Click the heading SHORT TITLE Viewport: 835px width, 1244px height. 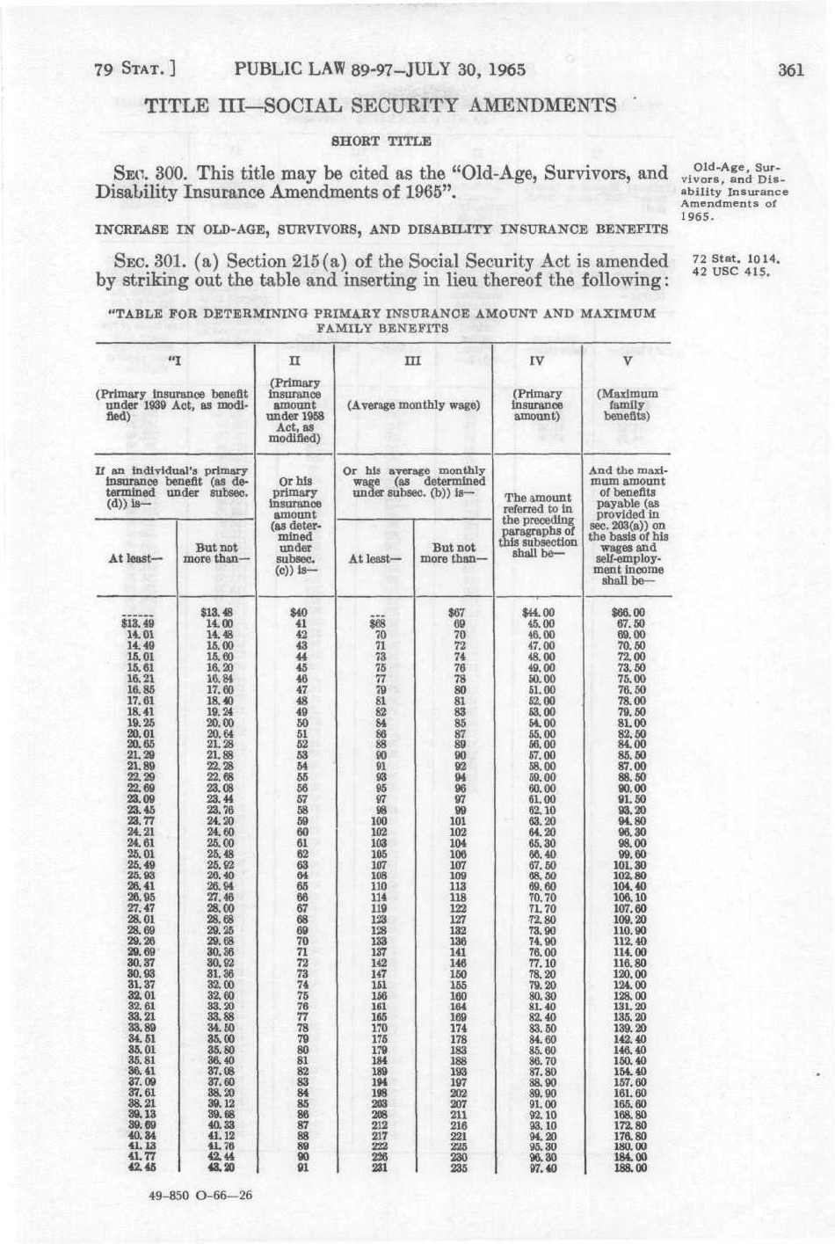click(x=380, y=141)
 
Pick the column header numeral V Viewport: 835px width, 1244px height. click(x=628, y=360)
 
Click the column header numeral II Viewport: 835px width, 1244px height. click(x=294, y=360)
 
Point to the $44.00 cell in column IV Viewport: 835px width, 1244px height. click(x=537, y=613)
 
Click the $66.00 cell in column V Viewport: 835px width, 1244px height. click(x=628, y=613)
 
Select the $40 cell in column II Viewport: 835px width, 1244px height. click(x=300, y=613)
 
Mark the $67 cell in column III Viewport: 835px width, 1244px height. click(x=455, y=613)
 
